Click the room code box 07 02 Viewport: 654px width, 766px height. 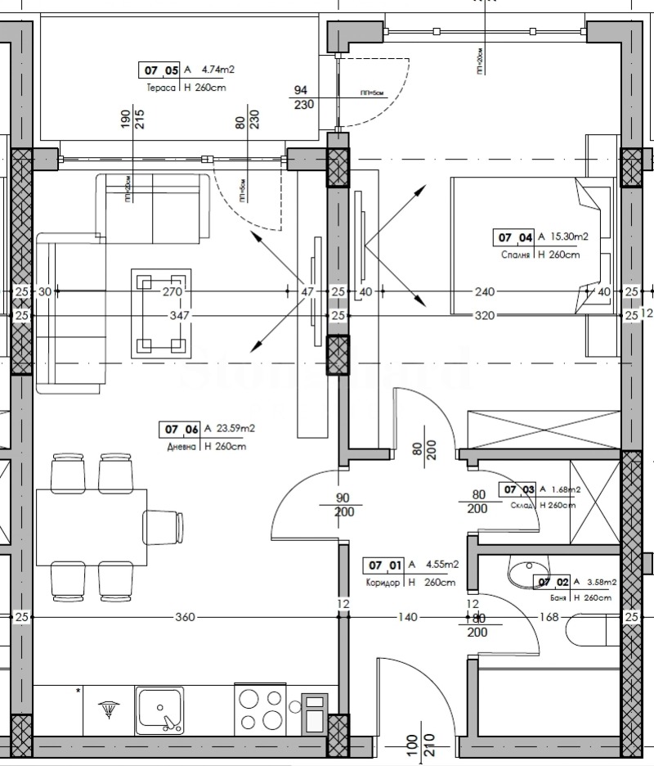551,582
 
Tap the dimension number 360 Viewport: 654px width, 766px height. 185,617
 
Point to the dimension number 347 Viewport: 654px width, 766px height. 178,315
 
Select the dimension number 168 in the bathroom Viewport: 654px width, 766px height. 549,617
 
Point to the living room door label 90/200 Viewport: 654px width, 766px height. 343,505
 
